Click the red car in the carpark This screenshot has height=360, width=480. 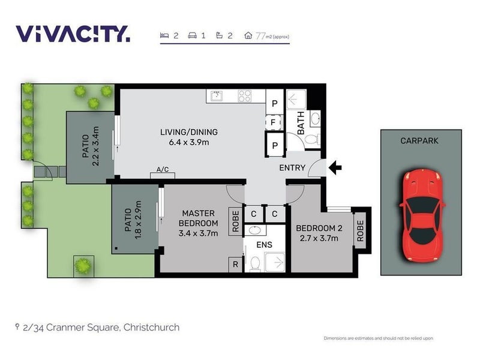click(422, 216)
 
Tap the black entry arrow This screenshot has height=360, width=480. click(335, 168)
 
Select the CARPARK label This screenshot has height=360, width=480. click(419, 141)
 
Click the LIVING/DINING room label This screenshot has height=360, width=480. click(189, 132)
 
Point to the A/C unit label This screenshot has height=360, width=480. click(163, 169)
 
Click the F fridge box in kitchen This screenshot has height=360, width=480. click(273, 122)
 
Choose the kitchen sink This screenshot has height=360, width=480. click(217, 96)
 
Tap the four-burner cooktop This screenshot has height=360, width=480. click(245, 96)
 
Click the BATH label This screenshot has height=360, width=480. click(301, 123)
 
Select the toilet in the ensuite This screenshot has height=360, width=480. click(255, 264)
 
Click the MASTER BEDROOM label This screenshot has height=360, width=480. click(199, 218)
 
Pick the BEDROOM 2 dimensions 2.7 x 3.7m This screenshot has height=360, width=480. click(319, 238)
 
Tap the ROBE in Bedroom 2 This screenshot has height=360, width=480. click(360, 231)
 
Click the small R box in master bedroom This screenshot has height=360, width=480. click(235, 265)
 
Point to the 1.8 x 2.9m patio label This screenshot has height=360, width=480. click(138, 220)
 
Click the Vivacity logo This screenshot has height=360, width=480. click(73, 34)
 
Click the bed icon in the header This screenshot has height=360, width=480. click(164, 35)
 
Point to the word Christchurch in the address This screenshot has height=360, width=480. click(151, 328)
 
